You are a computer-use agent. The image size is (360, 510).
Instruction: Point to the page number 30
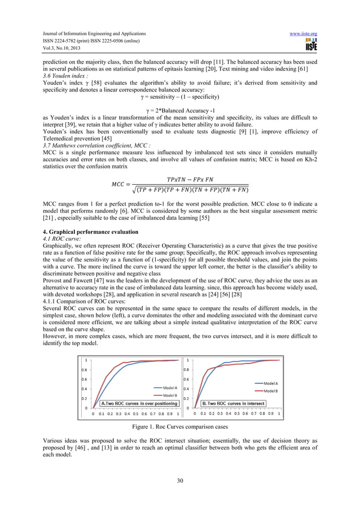click(x=180, y=480)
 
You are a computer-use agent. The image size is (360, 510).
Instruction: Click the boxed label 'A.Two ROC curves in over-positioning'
click(x=139, y=403)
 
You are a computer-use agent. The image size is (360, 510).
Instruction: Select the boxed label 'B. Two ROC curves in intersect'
click(x=234, y=403)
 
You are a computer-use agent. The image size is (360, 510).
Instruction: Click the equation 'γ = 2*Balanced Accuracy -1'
click(x=180, y=109)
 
